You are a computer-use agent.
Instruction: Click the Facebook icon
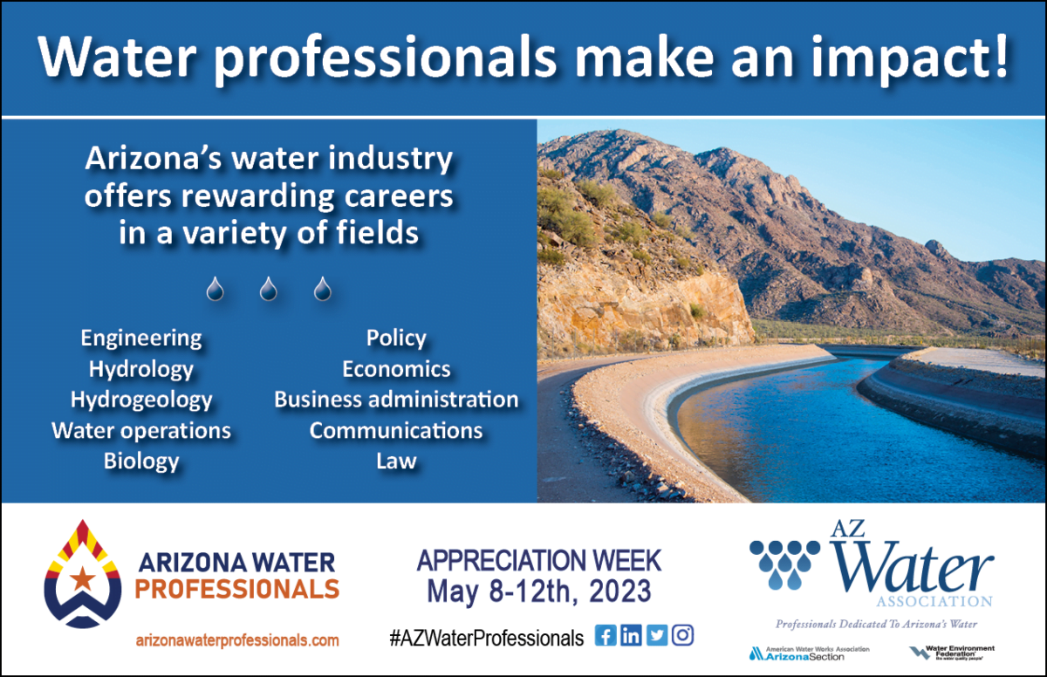[605, 636]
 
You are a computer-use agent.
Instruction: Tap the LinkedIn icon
[631, 636]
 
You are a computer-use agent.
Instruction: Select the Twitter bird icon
[657, 636]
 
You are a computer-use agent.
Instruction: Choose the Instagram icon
[683, 636]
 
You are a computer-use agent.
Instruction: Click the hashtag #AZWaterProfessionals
[486, 638]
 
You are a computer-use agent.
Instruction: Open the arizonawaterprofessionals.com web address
[237, 639]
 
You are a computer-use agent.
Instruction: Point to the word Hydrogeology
[141, 400]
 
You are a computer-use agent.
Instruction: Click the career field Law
[396, 461]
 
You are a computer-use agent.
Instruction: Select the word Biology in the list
[141, 461]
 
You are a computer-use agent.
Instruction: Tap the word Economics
[396, 369]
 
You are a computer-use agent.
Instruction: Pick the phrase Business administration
[396, 400]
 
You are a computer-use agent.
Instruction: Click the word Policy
[396, 338]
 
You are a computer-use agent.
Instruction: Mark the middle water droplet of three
[269, 289]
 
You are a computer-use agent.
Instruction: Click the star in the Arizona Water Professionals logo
[84, 578]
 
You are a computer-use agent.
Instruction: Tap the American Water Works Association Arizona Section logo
[796, 653]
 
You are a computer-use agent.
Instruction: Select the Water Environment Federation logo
[951, 653]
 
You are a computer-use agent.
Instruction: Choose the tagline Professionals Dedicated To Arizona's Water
[876, 624]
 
